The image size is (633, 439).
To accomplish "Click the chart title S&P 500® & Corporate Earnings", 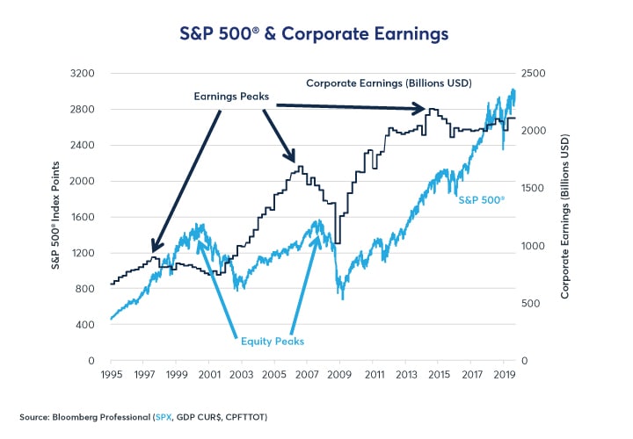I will [x=316, y=33].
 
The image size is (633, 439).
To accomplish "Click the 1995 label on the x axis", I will [x=110, y=374].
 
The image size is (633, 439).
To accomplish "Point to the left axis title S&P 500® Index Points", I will [x=55, y=217].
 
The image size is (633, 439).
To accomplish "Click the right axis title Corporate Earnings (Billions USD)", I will [x=567, y=217].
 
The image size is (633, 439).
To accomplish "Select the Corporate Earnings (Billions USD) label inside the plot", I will [x=389, y=83].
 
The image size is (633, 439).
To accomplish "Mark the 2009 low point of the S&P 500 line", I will [x=343, y=299].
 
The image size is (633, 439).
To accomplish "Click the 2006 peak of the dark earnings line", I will [x=301, y=167].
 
